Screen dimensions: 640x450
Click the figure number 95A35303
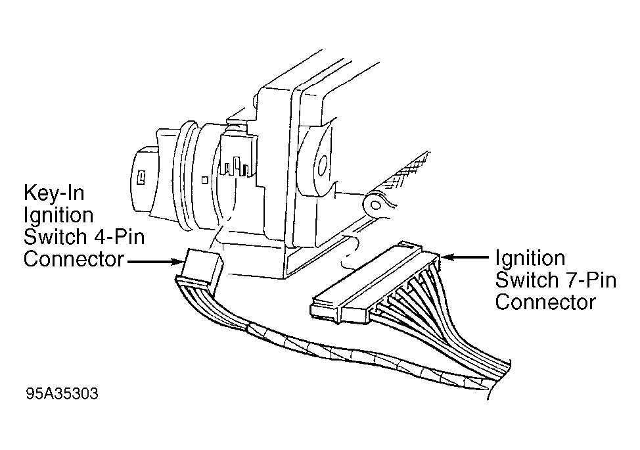62,393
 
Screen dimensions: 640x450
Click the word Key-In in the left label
54,193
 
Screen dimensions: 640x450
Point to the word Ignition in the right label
530,259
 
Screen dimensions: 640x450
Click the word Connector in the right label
545,303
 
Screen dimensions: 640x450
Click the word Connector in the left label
74,259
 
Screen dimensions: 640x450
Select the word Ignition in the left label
58,215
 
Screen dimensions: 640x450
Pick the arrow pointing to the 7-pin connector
465,257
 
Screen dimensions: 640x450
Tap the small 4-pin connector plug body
201,269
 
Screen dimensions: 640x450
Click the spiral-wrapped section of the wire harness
367,357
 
